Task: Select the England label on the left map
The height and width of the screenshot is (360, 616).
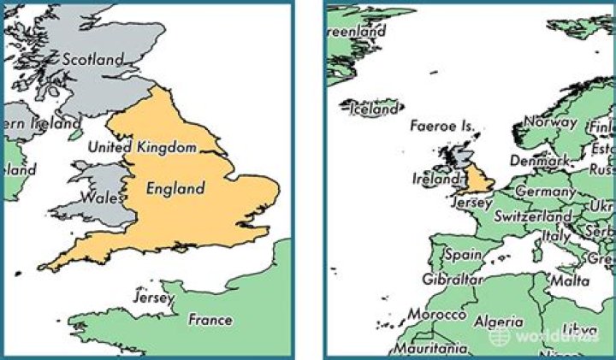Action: [x=175, y=188]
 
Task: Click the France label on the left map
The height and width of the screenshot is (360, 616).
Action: [x=210, y=320]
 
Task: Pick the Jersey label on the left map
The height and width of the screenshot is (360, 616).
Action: [x=154, y=298]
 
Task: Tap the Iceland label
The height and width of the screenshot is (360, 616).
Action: [x=374, y=109]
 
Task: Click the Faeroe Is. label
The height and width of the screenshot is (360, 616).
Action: [x=441, y=126]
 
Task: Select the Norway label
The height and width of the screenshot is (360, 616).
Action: [x=550, y=122]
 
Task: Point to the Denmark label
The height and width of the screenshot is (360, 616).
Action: [x=539, y=160]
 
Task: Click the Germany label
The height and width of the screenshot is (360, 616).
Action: [x=545, y=192]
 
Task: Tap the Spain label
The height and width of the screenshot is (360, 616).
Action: [x=464, y=254]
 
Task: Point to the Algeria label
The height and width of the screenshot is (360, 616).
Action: [x=500, y=322]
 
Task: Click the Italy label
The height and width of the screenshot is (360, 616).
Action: [x=557, y=235]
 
